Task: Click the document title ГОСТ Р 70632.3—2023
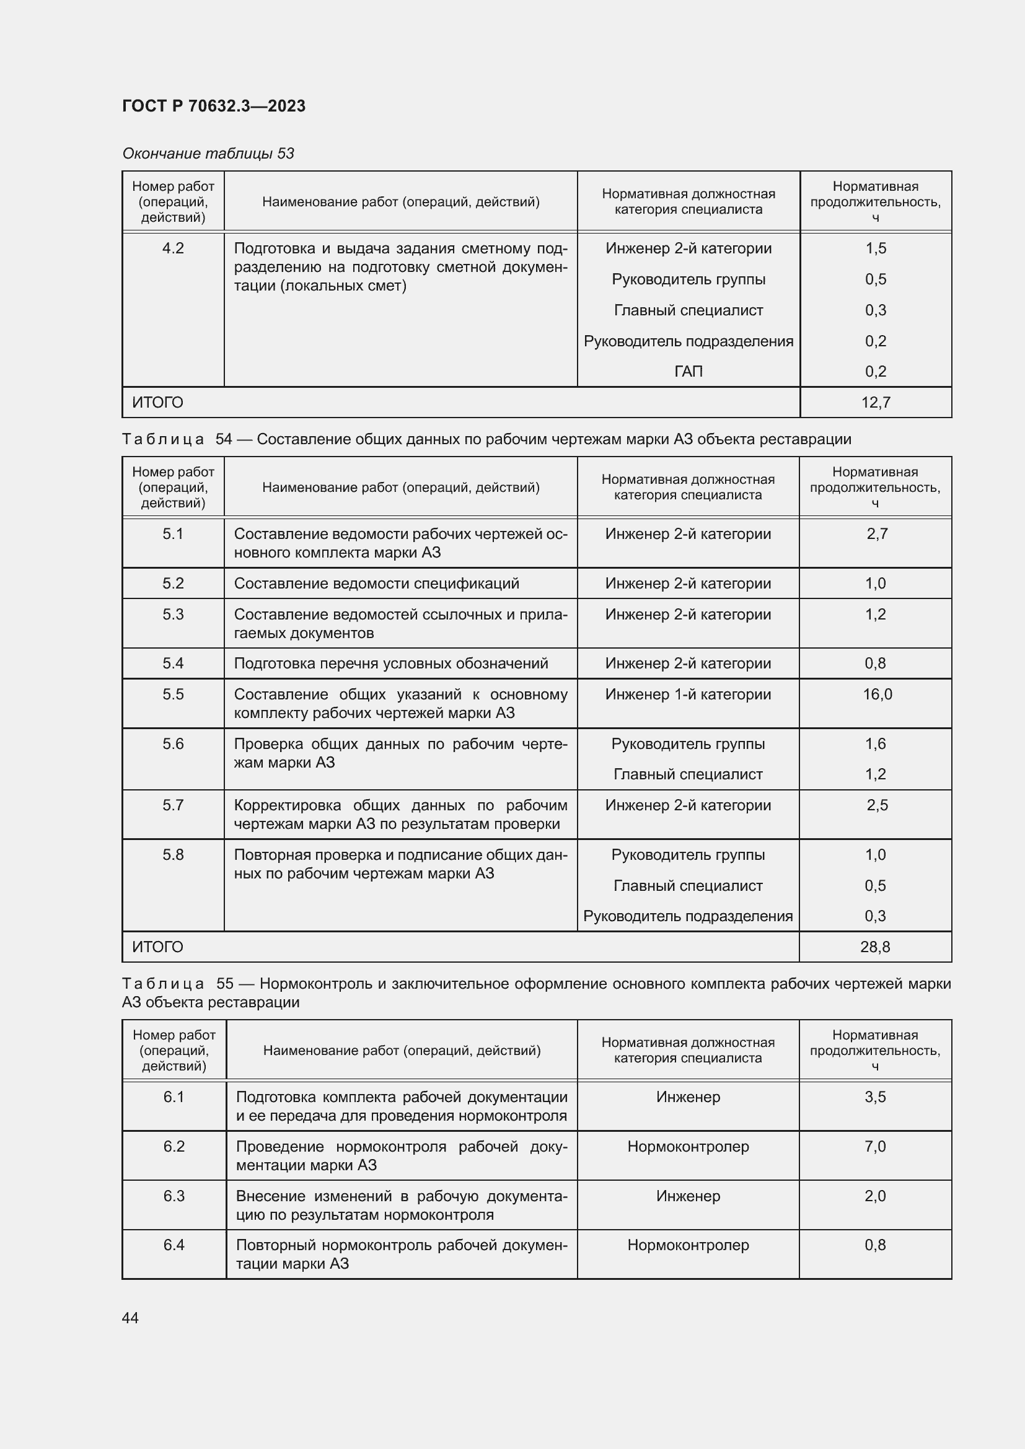[213, 106]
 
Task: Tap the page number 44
[130, 1318]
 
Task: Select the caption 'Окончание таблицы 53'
[208, 154]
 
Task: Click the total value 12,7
[876, 402]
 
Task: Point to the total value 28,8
[875, 947]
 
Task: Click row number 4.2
[173, 248]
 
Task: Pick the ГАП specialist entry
[688, 371]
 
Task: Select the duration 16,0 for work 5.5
[877, 694]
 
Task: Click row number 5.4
[173, 663]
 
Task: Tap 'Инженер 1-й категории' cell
[688, 694]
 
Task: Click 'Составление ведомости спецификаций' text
[376, 583]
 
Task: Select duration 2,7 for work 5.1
[877, 534]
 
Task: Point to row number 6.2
[174, 1146]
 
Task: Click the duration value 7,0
[875, 1146]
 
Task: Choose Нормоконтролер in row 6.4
[688, 1245]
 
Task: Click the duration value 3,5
[875, 1097]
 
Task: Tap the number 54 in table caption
[224, 439]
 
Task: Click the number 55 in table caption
[225, 983]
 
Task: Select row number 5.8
[173, 854]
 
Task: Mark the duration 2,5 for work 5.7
[877, 805]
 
